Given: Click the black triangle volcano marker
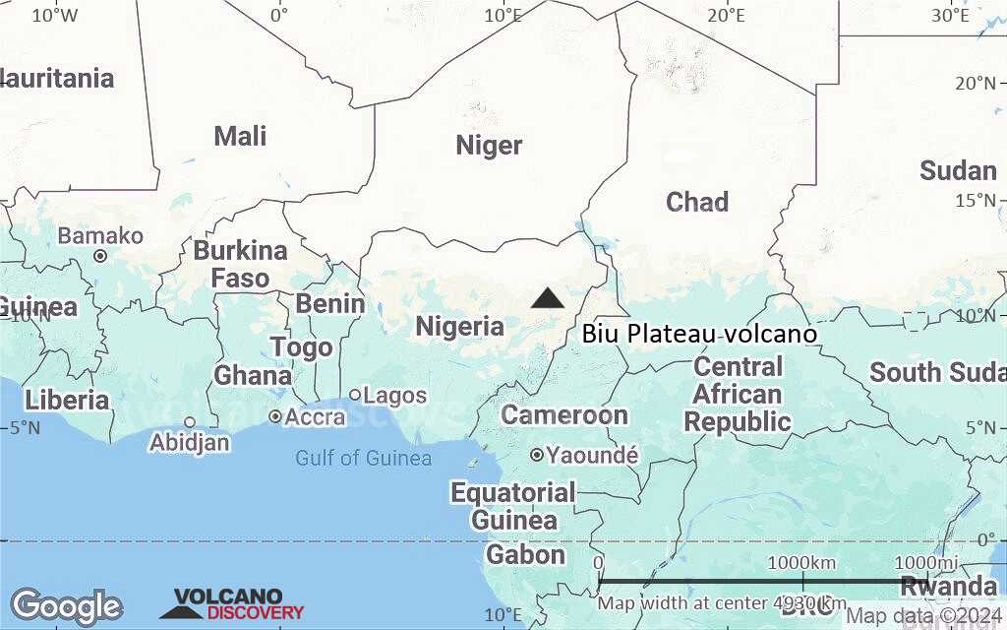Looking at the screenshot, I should [x=548, y=298].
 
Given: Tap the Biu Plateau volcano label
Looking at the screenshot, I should [x=699, y=334].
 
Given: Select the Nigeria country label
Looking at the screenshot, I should [x=459, y=326].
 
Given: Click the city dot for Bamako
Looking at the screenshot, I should [x=100, y=256].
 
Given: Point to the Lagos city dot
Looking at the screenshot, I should [x=355, y=395].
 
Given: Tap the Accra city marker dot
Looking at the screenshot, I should [x=275, y=416].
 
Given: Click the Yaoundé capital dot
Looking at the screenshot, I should [x=537, y=455].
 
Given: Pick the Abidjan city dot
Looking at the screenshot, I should [x=190, y=422].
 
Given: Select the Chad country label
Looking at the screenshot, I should [x=697, y=202].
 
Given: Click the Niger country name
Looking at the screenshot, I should [x=489, y=146].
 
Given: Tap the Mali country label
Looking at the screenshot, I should [x=240, y=136].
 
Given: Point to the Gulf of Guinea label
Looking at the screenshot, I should [x=364, y=458].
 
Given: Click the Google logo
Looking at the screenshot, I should [x=66, y=606].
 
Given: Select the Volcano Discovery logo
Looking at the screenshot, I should [x=232, y=604].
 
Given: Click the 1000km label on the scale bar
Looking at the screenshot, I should [x=800, y=562].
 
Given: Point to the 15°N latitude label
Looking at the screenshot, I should [x=976, y=201].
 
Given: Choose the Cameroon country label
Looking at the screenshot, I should [x=564, y=414].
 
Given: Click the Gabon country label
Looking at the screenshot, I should [x=526, y=554].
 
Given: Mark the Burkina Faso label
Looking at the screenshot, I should [x=240, y=264].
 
